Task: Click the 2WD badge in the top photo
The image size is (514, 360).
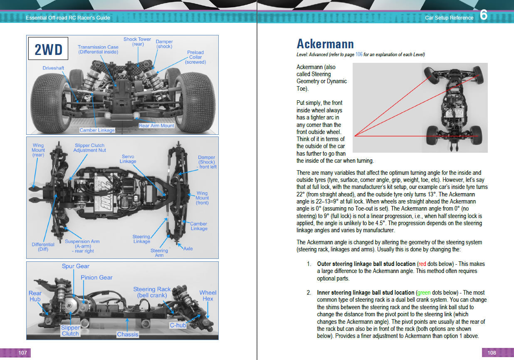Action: tap(48, 50)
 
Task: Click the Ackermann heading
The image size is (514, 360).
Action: tap(325, 44)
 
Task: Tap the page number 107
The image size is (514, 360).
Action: tap(22, 353)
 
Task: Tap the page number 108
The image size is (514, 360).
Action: tap(492, 353)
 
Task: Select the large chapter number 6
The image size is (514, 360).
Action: tap(484, 15)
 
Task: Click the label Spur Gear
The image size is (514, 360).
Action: tap(76, 266)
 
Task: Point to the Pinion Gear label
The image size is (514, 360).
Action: tap(97, 278)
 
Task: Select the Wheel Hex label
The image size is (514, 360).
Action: tap(208, 295)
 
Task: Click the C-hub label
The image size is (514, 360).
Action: tap(178, 325)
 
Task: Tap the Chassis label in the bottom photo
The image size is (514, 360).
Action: tap(128, 334)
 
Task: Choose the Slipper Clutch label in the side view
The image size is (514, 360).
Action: tap(70, 330)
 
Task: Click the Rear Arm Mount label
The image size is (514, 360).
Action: tap(156, 125)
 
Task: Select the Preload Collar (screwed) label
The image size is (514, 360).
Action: tap(195, 57)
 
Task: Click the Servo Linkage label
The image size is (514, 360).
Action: tap(128, 159)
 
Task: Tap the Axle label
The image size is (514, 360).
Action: tap(188, 248)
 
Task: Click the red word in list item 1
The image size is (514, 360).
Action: tap(422, 264)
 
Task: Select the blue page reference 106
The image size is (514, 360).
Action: tap(359, 55)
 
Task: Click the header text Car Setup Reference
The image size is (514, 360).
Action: tap(449, 18)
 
